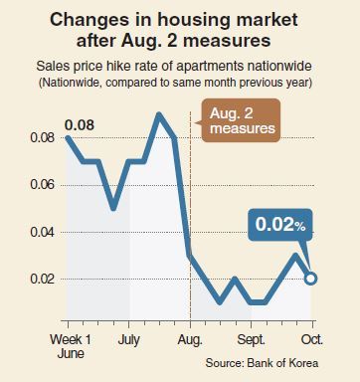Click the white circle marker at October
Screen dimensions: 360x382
coord(310,279)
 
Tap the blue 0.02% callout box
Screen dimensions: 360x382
coord(280,225)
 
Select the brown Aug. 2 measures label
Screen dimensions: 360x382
coord(242,120)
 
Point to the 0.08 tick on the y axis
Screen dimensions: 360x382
coord(42,137)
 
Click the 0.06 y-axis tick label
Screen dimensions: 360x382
coord(42,185)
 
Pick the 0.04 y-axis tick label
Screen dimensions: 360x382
coord(42,232)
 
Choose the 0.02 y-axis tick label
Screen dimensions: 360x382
coord(42,279)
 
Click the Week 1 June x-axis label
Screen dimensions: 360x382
coord(71,346)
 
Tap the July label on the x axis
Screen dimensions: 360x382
coord(128,339)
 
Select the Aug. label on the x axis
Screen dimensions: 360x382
coord(190,340)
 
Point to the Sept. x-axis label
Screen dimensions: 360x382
coord(251,340)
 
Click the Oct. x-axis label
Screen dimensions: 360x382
coord(311,339)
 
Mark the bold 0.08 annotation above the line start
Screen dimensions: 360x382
coord(80,125)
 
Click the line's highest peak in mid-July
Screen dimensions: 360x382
coord(159,114)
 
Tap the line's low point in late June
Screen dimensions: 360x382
coord(113,208)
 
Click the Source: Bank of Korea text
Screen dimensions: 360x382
coord(262,363)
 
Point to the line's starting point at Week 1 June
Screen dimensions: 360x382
coord(68,137)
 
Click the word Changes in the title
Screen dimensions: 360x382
coord(89,21)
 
